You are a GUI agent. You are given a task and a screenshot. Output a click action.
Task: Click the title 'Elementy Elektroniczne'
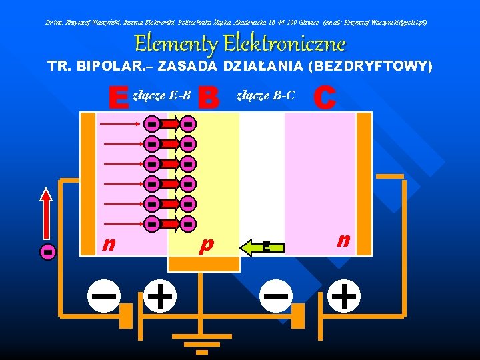[240, 44]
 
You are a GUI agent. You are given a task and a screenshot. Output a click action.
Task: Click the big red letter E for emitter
[119, 99]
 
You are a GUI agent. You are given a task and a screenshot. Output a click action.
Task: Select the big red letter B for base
[209, 99]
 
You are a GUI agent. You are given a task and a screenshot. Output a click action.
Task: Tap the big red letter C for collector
[324, 97]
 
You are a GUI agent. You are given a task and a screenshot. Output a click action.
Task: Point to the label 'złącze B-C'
[266, 96]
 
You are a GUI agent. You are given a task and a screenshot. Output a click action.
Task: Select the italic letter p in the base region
[207, 245]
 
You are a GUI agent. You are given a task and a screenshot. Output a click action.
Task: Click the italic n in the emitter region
[107, 244]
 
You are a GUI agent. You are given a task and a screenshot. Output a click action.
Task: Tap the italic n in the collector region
[343, 240]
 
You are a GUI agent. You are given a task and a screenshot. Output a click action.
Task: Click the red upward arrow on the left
[46, 213]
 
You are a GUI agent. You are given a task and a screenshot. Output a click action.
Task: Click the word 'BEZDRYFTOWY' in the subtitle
[377, 67]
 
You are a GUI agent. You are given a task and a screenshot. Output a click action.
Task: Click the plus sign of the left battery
[159, 294]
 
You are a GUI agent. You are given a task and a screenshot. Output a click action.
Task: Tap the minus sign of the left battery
[105, 294]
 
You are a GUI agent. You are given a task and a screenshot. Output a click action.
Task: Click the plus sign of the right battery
[343, 294]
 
